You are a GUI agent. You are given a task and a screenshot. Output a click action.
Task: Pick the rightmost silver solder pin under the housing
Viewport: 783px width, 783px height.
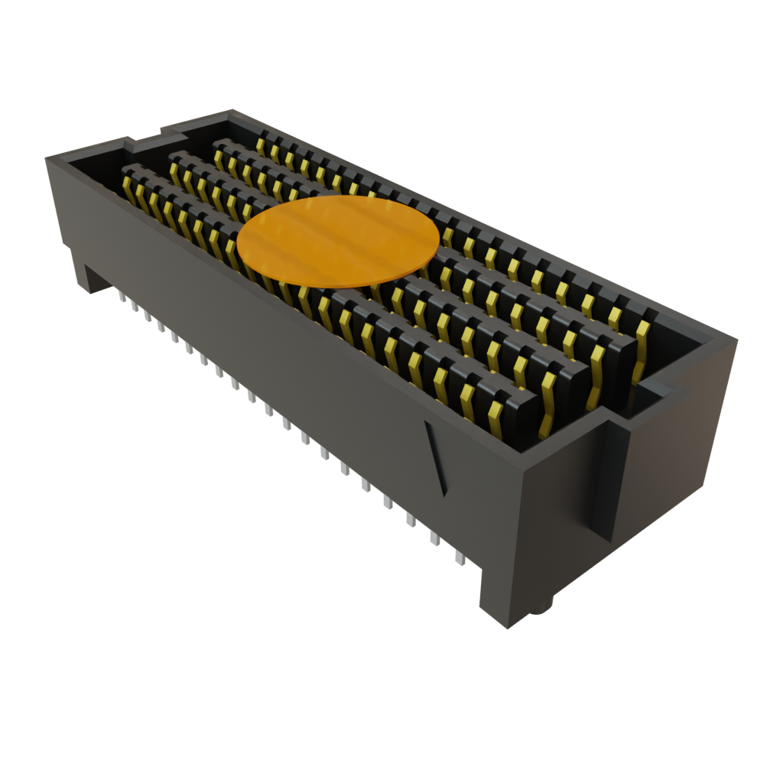click(x=460, y=557)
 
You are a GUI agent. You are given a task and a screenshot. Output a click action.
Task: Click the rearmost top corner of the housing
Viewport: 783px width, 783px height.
click(x=229, y=111)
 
